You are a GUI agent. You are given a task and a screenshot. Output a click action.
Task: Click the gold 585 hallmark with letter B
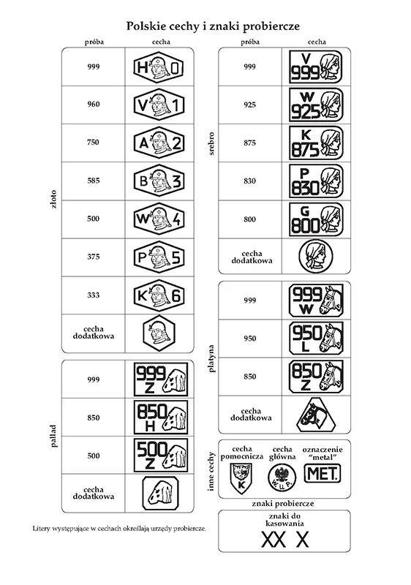(x=159, y=181)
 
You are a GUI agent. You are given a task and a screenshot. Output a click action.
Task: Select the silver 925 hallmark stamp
(x=316, y=105)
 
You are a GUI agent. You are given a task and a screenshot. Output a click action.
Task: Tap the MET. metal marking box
(x=323, y=474)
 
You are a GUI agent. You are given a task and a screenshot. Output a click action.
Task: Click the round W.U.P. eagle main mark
(x=282, y=478)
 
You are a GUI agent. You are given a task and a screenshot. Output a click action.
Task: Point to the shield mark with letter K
(x=241, y=478)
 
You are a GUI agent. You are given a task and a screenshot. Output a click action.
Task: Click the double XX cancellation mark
(x=274, y=540)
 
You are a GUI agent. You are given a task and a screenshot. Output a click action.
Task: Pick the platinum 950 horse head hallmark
(x=316, y=338)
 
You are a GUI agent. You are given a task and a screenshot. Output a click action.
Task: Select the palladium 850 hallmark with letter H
(x=161, y=418)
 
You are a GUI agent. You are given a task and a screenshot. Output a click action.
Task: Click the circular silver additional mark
(x=315, y=257)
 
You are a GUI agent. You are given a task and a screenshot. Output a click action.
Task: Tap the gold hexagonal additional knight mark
(x=159, y=333)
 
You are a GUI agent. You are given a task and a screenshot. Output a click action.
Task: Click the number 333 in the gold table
(x=93, y=295)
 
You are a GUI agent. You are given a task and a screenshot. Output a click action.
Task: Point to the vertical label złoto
(x=53, y=199)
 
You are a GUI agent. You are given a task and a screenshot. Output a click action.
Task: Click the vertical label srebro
(x=211, y=143)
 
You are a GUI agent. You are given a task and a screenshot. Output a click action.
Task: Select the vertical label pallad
(x=53, y=436)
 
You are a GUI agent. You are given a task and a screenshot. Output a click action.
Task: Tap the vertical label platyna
(x=211, y=358)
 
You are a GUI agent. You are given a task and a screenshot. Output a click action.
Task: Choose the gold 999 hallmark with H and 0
(x=159, y=67)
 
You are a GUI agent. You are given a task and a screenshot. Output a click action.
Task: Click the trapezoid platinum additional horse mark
(x=316, y=415)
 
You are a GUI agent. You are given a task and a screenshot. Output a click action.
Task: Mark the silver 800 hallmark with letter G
(x=316, y=219)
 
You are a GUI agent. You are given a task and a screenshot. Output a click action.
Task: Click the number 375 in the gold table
(x=93, y=257)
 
